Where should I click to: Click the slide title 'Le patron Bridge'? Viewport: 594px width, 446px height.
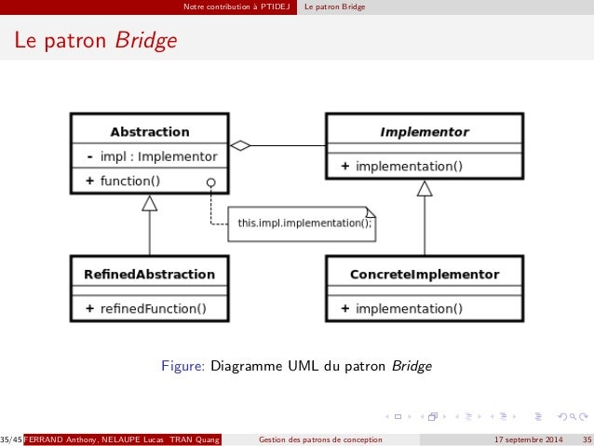(x=93, y=42)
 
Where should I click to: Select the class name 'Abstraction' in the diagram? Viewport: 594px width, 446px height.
(x=149, y=132)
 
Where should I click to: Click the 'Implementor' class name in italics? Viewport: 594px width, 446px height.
(x=424, y=132)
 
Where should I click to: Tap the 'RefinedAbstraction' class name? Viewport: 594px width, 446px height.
(x=149, y=275)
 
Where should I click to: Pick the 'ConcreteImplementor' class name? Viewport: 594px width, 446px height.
(x=424, y=275)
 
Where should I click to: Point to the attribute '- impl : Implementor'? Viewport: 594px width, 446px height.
(x=152, y=156)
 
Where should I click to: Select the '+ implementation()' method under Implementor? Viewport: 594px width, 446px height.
(x=401, y=167)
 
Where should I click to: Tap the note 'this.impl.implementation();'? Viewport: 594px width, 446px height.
(x=304, y=223)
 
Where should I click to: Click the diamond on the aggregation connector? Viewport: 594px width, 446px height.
(x=241, y=145)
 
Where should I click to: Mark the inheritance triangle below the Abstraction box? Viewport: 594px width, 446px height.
(x=149, y=203)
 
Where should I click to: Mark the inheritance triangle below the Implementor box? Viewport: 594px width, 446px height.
(x=425, y=189)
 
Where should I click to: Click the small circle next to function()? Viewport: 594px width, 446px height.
(x=211, y=182)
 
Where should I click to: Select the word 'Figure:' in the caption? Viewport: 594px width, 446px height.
(x=183, y=366)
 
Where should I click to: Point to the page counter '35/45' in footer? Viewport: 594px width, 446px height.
(x=11, y=439)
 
